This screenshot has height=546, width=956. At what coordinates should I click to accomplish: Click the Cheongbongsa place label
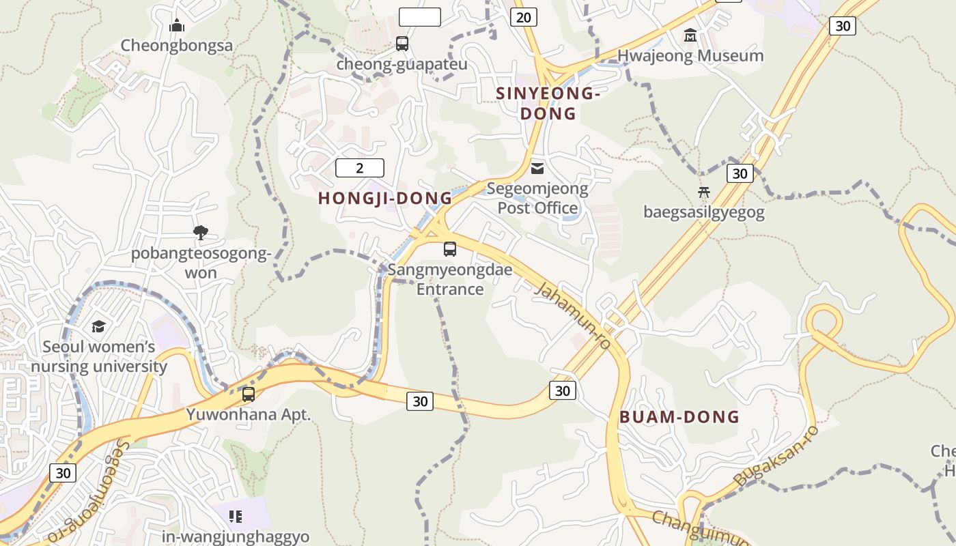[177, 46]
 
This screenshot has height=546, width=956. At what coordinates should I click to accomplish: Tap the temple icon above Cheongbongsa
[178, 27]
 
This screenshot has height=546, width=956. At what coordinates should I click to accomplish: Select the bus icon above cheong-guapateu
[402, 44]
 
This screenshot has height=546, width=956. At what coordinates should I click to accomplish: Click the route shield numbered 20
[523, 17]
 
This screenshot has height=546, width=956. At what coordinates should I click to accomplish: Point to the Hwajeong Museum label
[690, 56]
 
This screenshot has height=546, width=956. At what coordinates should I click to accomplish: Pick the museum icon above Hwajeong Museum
[690, 35]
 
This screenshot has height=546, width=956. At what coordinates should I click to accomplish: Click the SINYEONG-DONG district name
[548, 103]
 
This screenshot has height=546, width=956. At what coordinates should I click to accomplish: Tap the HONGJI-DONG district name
[385, 199]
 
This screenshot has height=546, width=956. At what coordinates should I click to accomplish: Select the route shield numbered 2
[360, 168]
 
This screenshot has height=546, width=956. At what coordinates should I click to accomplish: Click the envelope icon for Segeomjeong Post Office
[538, 168]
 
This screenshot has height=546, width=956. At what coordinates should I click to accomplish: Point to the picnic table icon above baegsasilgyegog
[704, 192]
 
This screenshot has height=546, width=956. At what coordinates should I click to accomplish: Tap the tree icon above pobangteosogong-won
[201, 233]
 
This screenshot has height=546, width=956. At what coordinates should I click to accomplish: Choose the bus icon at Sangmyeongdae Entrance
[450, 249]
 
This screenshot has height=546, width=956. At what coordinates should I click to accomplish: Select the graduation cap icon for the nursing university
[99, 327]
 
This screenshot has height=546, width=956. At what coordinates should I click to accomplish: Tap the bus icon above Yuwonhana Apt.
[249, 394]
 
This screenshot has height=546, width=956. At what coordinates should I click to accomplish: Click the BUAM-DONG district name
[679, 417]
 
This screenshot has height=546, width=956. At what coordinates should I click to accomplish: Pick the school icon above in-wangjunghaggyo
[236, 517]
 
